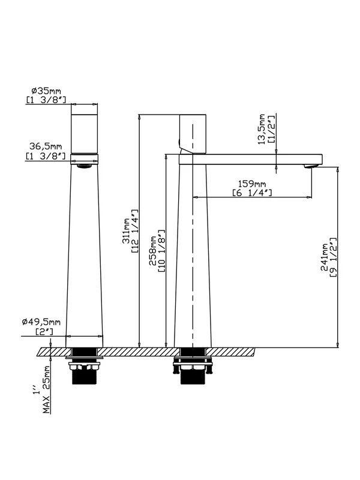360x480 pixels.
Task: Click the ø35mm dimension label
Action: pos(46,91)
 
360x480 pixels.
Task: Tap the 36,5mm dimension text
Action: pos(46,146)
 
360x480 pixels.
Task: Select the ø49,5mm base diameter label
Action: pos(41,322)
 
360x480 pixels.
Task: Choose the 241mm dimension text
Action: pos(324,257)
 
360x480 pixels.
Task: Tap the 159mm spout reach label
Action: pos(252,184)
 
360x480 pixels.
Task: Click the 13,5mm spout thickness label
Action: pos(262,129)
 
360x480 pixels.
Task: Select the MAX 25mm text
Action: pos(46,389)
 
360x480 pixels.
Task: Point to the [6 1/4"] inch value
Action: pos(252,193)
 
